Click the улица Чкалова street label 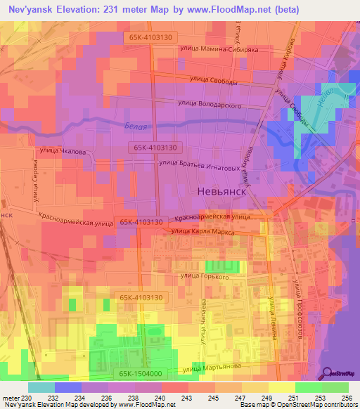pyautogui.click(x=63, y=150)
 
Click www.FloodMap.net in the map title pyautogui.click(x=239, y=9)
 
